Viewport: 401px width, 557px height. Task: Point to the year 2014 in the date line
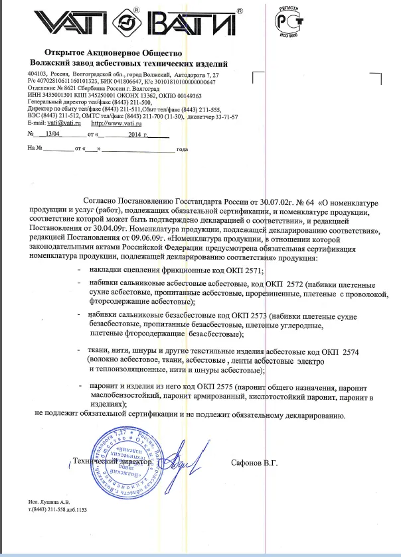coord(137,135)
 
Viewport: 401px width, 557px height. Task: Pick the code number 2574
coord(347,352)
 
